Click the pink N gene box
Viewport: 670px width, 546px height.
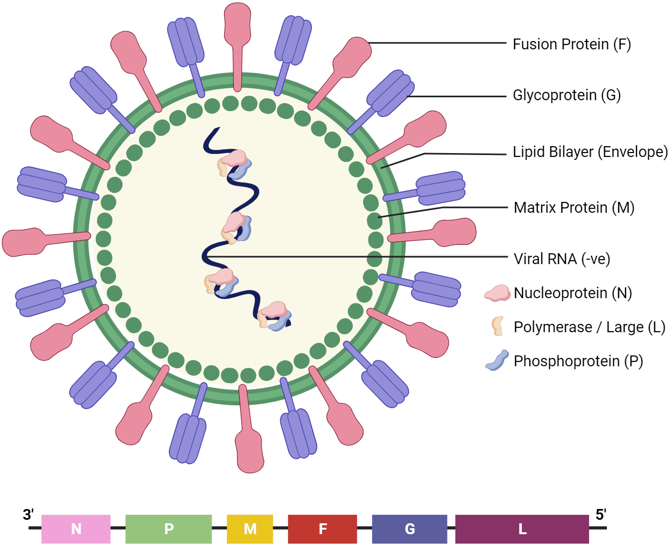pos(76,529)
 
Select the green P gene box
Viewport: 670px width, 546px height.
pos(169,529)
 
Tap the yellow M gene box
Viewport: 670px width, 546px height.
pos(250,529)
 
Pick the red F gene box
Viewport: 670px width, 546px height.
pos(322,529)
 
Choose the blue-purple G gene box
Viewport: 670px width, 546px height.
pos(409,529)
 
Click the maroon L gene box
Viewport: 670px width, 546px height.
pos(522,529)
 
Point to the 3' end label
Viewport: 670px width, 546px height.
pos(28,515)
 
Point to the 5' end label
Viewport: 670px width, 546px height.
pos(600,515)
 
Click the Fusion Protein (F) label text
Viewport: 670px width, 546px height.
pos(571,44)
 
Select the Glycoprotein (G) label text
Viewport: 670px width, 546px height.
pos(566,95)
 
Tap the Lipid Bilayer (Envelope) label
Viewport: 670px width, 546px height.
pos(590,152)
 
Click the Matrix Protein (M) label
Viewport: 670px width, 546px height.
pos(574,207)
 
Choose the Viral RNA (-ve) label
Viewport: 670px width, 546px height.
pos(561,259)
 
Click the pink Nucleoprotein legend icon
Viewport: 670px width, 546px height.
pos(497,293)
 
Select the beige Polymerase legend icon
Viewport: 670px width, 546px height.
pos(497,326)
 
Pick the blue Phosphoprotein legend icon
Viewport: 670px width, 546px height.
pos(497,360)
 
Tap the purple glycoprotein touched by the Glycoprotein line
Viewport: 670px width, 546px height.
pos(390,94)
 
